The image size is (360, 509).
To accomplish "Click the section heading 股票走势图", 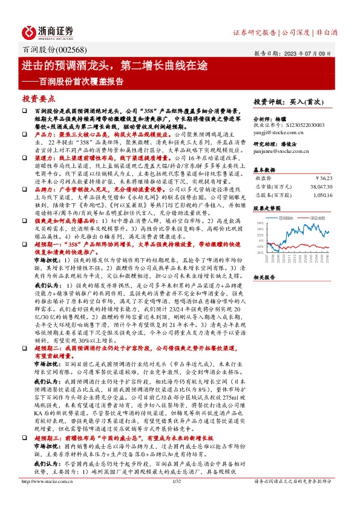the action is click(266, 208).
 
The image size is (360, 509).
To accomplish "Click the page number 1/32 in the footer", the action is click(178, 498).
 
